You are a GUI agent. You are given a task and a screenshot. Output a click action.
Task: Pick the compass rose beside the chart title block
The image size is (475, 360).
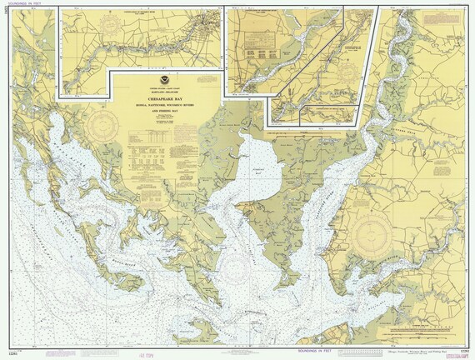pyautogui.click(x=103, y=127)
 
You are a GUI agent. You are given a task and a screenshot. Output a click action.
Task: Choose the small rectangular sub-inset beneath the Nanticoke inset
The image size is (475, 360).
pyautogui.click(x=329, y=116)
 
